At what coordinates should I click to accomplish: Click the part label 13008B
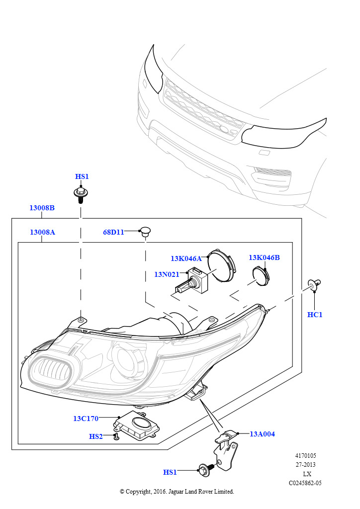(x=42, y=208)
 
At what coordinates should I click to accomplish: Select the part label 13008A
(x=42, y=232)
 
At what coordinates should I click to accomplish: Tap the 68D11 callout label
(x=113, y=232)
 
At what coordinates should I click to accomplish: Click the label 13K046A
(x=186, y=258)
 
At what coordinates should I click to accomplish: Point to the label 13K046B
(x=264, y=257)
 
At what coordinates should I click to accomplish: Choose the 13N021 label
(x=167, y=274)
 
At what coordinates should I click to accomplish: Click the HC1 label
(x=315, y=315)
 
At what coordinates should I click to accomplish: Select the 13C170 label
(x=86, y=419)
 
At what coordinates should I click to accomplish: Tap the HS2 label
(x=96, y=436)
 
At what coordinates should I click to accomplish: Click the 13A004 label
(x=262, y=434)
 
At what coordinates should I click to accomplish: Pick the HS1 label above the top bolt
(x=82, y=177)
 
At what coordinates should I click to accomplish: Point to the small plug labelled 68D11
(x=145, y=231)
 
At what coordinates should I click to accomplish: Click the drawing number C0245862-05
(x=305, y=483)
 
